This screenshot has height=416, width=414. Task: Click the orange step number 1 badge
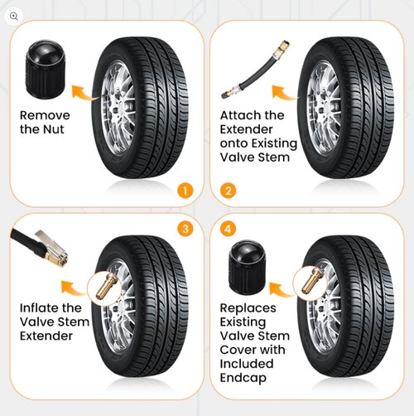click(x=185, y=190)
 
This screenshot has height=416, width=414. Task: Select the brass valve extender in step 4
click(x=314, y=278)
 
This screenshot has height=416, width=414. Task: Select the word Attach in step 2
click(x=241, y=115)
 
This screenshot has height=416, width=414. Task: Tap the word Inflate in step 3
click(x=42, y=308)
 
